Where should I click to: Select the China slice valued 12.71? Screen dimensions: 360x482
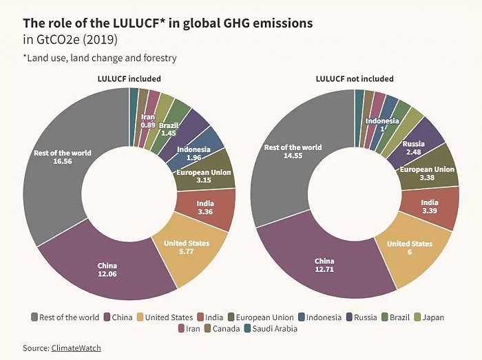(x=324, y=266)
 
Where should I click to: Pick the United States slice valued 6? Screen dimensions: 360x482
(x=410, y=248)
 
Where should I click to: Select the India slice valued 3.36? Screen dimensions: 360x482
(x=205, y=207)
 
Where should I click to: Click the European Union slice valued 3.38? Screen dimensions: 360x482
(x=427, y=173)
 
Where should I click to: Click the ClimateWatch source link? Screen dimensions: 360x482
(x=76, y=348)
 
